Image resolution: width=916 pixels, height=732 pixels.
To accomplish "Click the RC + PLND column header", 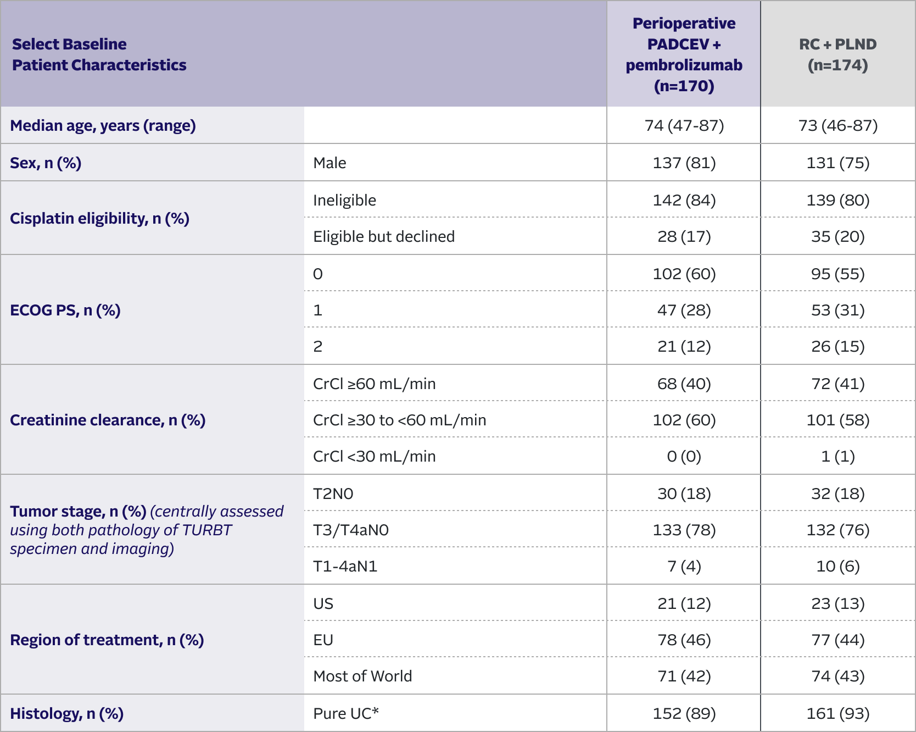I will [837, 54].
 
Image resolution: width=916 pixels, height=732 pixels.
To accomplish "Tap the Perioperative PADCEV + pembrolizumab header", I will [684, 54].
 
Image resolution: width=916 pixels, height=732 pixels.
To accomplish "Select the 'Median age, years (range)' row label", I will [103, 126].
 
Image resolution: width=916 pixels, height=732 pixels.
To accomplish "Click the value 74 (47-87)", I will [684, 126].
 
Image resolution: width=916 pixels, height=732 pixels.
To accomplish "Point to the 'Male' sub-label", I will [329, 163].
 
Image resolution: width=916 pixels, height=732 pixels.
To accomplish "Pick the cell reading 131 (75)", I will [837, 163].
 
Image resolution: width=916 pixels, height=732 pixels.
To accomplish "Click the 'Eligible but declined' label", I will [384, 237].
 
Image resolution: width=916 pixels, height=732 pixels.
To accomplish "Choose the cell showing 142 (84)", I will [684, 201].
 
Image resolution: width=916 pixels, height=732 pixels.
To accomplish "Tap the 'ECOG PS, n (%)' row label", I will [65, 310].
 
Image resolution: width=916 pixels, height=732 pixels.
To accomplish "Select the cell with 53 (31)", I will [837, 310].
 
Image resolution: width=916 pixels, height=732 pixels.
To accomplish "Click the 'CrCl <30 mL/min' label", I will [374, 457].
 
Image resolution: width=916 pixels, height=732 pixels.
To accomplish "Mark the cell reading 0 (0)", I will [684, 457].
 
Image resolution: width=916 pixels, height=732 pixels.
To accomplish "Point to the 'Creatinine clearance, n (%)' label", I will [108, 420].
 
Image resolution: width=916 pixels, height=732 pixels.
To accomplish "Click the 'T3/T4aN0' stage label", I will [350, 530].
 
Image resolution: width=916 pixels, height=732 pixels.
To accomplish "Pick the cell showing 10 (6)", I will [837, 567].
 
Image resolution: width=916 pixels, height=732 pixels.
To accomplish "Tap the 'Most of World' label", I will [362, 676].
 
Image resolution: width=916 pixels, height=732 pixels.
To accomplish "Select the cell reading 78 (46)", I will [684, 640].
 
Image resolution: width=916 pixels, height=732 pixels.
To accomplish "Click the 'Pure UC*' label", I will [346, 714].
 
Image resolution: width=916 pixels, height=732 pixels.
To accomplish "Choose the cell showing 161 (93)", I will [837, 714].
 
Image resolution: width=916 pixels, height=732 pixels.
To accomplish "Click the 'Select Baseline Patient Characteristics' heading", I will [99, 54].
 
